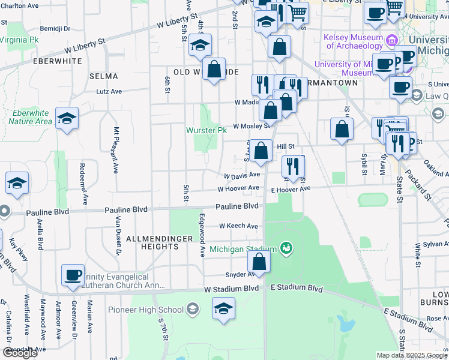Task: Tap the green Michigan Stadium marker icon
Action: (x=286, y=248)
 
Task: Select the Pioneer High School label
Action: (x=146, y=310)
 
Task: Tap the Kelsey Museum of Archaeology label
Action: (x=353, y=41)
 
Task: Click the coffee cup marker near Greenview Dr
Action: (x=73, y=275)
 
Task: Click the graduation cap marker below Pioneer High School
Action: (x=223, y=309)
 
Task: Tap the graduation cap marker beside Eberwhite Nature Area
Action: (x=67, y=118)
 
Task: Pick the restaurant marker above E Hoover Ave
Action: (x=293, y=167)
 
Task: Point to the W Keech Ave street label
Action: (x=238, y=226)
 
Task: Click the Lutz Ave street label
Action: (x=109, y=92)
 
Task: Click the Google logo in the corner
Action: (x=20, y=353)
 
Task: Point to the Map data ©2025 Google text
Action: (x=412, y=355)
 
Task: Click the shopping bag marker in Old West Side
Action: (x=214, y=70)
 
